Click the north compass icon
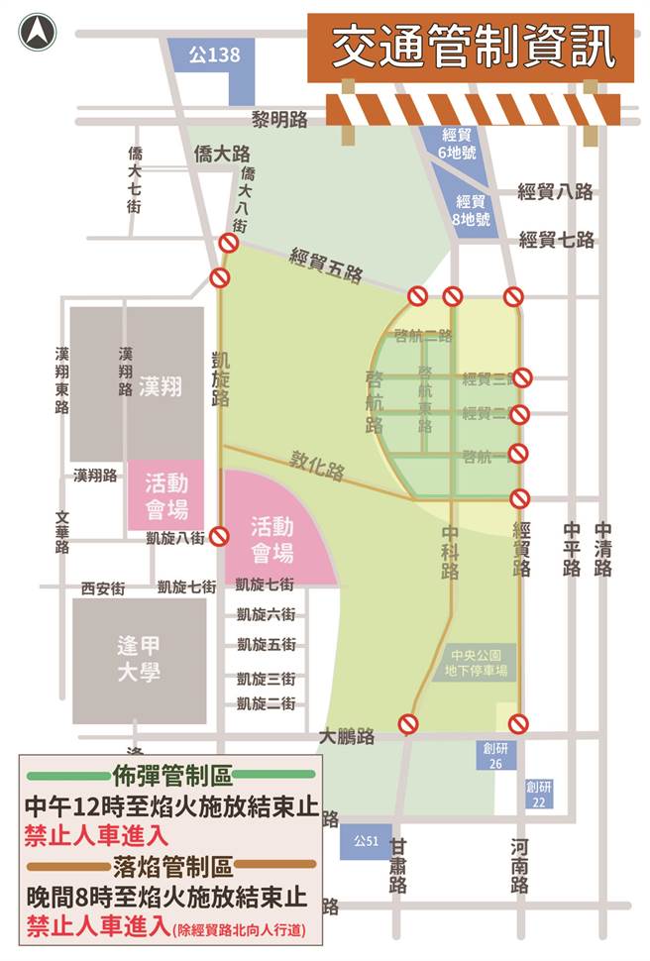point(38,33)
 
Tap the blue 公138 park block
point(215,57)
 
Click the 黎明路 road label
point(279,120)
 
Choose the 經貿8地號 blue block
point(470,212)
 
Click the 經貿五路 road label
point(326,266)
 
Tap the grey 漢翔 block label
point(161,386)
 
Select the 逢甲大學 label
point(138,658)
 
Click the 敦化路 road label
point(317,467)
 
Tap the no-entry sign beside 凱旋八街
point(219,536)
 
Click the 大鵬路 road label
point(347,736)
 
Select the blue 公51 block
point(367,843)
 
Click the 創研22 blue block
point(540,793)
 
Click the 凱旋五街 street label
point(266,644)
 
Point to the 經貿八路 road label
point(556,192)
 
